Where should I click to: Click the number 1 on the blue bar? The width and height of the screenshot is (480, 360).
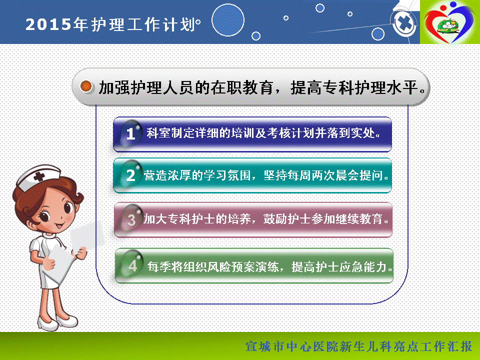pyautogui.click(x=130, y=134)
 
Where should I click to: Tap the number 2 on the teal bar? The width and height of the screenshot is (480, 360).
pyautogui.click(x=130, y=175)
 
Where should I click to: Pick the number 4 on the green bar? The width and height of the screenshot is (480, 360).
pyautogui.click(x=132, y=266)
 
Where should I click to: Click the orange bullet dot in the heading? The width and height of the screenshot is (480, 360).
pyautogui.click(x=86, y=86)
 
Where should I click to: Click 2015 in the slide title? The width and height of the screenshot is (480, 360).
pyautogui.click(x=48, y=24)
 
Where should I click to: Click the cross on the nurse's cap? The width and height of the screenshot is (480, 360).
pyautogui.click(x=39, y=176)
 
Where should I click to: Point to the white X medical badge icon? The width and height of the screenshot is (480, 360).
pyautogui.click(x=404, y=23)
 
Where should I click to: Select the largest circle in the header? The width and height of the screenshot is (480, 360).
pyautogui.click(x=228, y=20)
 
